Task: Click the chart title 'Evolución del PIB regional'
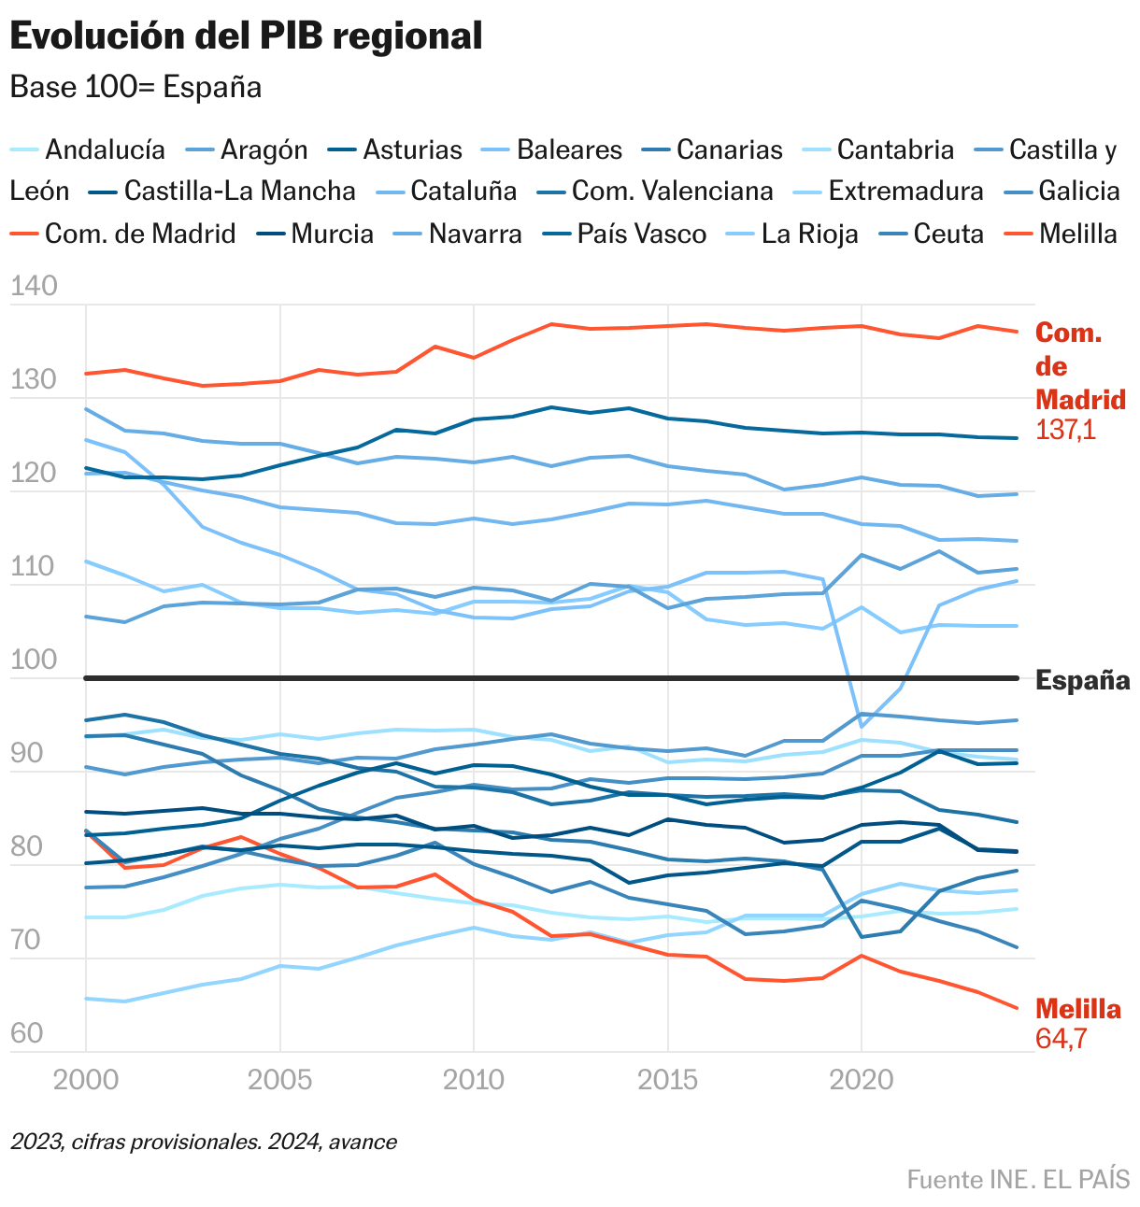[x=246, y=37]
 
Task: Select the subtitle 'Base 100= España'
[x=135, y=87]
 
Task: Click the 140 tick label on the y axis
[x=34, y=287]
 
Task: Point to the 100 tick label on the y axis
[x=34, y=660]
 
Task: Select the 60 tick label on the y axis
[x=27, y=1033]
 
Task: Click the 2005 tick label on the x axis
[x=278, y=1081]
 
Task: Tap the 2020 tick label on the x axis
[x=860, y=1081]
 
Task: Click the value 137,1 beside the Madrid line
[x=1065, y=431]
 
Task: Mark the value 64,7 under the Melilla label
[x=1061, y=1039]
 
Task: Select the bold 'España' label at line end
[x=1082, y=680]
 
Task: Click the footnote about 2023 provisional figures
[x=204, y=1142]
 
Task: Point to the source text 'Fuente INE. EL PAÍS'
[x=1018, y=1179]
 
